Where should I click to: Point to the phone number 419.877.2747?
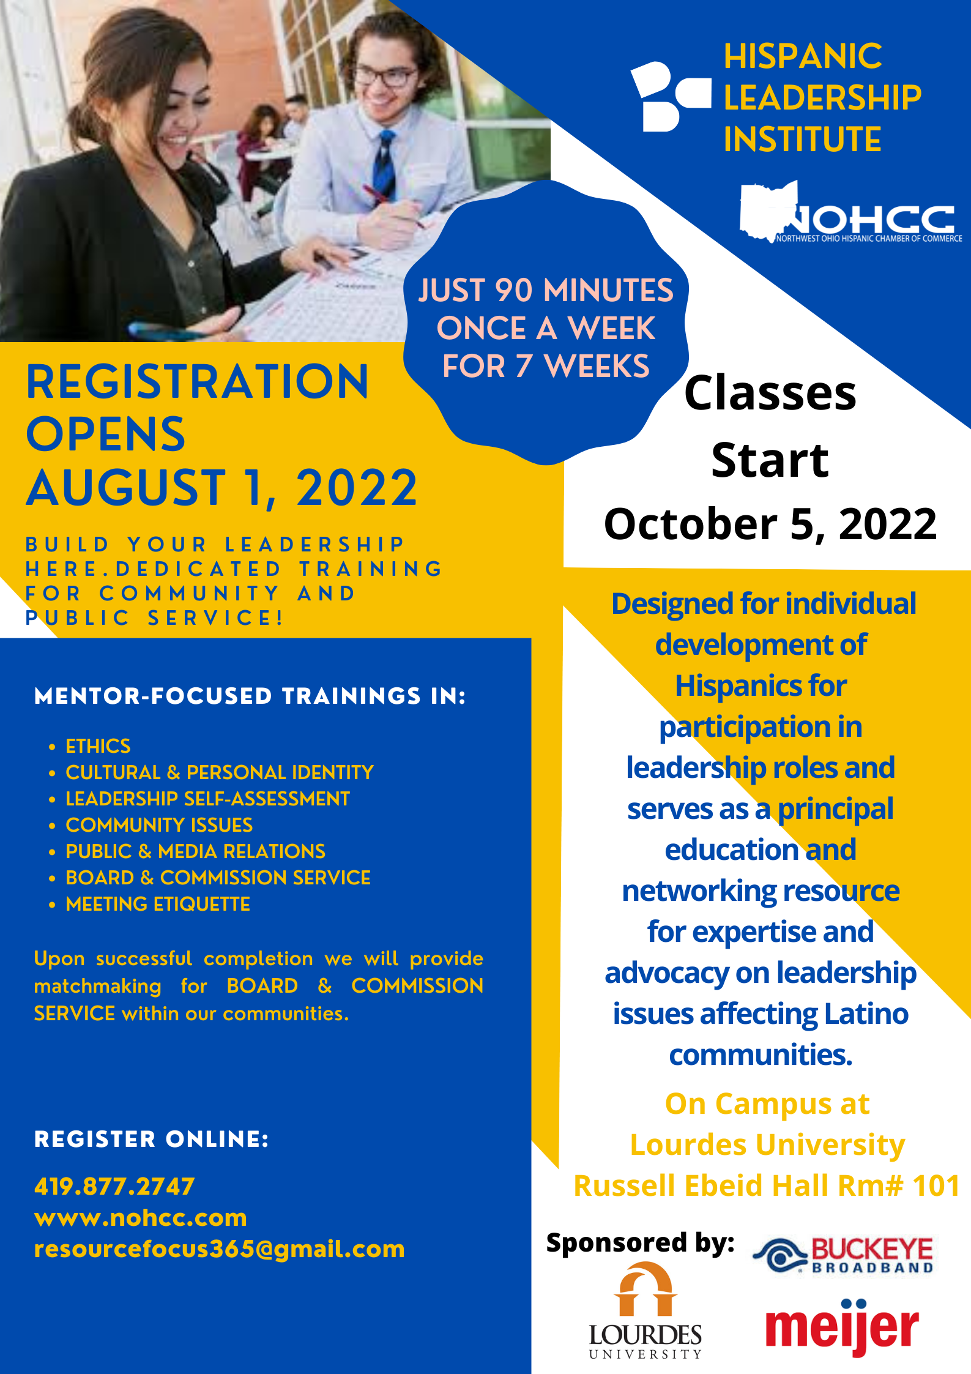tap(114, 1186)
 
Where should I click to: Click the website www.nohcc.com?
tap(141, 1217)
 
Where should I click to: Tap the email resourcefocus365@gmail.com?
tap(219, 1249)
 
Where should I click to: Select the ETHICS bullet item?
tap(98, 746)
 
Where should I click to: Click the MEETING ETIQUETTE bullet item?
tap(158, 904)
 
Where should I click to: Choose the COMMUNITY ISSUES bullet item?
tap(159, 825)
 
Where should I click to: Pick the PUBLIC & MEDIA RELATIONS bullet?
tap(195, 851)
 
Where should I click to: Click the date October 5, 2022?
tap(770, 524)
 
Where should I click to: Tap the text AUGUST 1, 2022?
tap(221, 488)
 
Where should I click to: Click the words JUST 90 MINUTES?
tap(545, 290)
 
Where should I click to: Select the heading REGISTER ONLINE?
tap(151, 1139)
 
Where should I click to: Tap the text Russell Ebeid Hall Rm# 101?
tap(766, 1185)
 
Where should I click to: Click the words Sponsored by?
tap(640, 1242)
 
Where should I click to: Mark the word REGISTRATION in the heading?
tap(197, 382)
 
